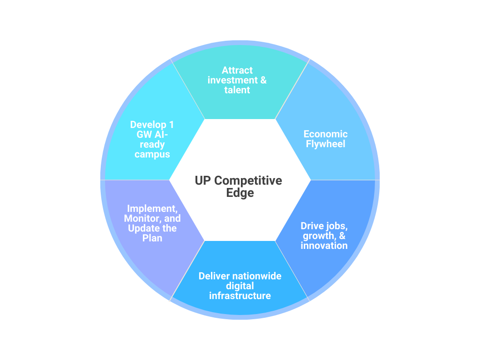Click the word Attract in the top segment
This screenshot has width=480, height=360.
pyautogui.click(x=237, y=70)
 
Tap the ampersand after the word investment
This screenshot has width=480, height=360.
pyautogui.click(x=262, y=80)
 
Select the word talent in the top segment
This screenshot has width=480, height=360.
pyautogui.click(x=237, y=90)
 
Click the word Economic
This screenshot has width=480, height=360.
pyautogui.click(x=325, y=134)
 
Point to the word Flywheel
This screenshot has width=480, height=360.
pyautogui.click(x=325, y=144)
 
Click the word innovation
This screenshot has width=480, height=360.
pyautogui.click(x=324, y=246)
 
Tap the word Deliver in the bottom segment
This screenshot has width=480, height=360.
pyautogui.click(x=214, y=276)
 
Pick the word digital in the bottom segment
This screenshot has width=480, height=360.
pyautogui.click(x=240, y=286)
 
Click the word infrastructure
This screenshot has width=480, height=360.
pyautogui.click(x=240, y=296)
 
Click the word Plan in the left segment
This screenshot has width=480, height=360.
pyautogui.click(x=152, y=238)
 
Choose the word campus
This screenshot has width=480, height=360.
pyautogui.click(x=152, y=154)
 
